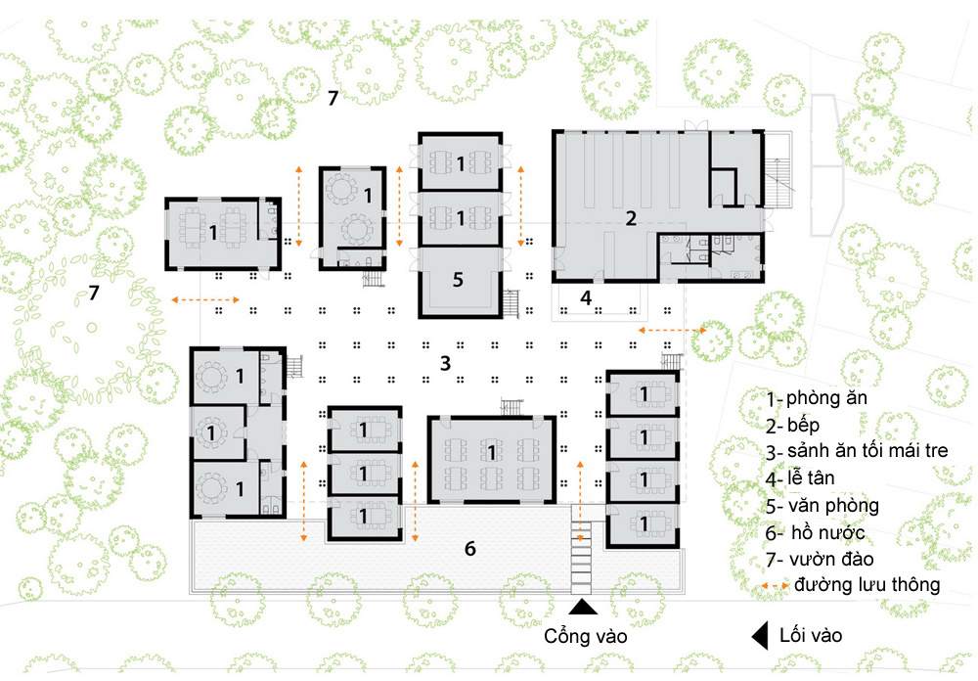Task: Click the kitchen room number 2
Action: click(631, 218)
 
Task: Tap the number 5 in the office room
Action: click(458, 280)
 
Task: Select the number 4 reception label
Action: click(585, 297)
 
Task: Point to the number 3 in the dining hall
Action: click(445, 363)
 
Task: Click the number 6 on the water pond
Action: click(470, 548)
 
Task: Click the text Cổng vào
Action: click(585, 636)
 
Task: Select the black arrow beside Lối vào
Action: click(760, 636)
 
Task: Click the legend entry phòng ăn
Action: click(826, 397)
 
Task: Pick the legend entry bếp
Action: click(803, 425)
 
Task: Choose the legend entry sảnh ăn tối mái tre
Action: click(867, 451)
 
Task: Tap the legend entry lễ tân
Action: click(811, 478)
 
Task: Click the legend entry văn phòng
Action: click(833, 506)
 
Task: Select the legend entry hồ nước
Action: click(827, 533)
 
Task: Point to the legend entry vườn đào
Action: click(830, 560)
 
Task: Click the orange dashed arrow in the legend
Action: click(776, 586)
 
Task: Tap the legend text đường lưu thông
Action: click(867, 585)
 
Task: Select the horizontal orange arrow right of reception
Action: click(673, 330)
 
